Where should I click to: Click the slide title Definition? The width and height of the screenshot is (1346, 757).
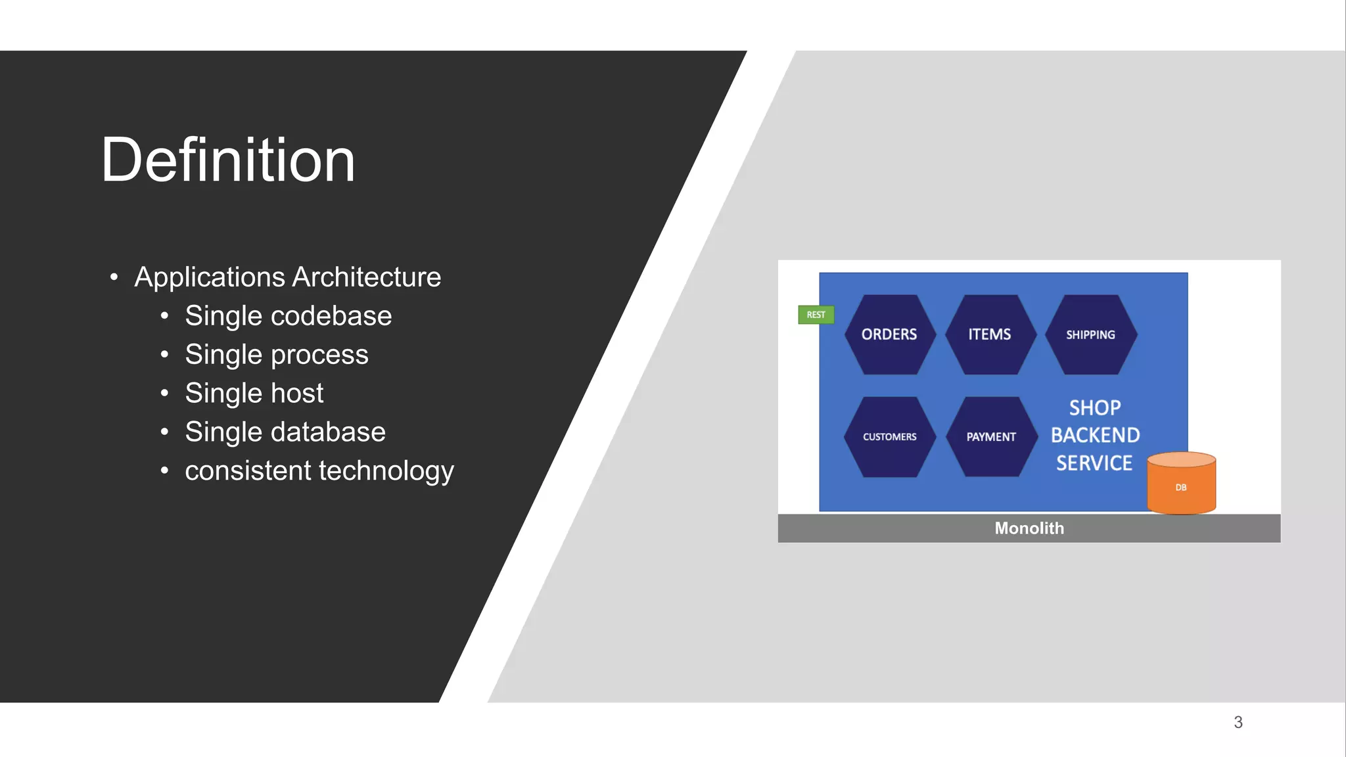point(227,160)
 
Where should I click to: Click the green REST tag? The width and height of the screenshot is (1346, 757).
point(816,315)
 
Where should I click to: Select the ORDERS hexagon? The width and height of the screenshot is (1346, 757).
point(889,334)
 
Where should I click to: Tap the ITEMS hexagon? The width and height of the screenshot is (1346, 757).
point(990,334)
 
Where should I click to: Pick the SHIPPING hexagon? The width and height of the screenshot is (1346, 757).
point(1090,334)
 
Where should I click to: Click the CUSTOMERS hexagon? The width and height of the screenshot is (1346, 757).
point(889,437)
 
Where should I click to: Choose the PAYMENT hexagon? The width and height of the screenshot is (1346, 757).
point(990,437)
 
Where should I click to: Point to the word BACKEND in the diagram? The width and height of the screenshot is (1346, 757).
point(1095,435)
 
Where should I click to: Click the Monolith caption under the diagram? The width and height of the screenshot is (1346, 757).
point(1029,528)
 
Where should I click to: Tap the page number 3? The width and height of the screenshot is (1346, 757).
point(1238,722)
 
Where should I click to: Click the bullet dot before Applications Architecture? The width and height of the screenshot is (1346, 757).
point(114,277)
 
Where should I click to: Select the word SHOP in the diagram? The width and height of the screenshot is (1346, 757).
point(1095,407)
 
